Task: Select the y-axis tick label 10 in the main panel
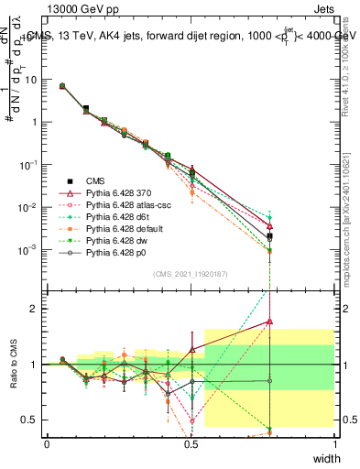pyautogui.click(x=30, y=80)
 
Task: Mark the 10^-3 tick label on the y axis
pyautogui.click(x=27, y=250)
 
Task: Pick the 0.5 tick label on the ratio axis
pyautogui.click(x=30, y=420)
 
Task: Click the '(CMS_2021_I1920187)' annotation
pyautogui.click(x=191, y=274)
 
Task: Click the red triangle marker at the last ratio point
pyautogui.click(x=269, y=322)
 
